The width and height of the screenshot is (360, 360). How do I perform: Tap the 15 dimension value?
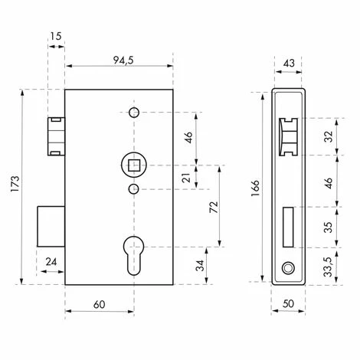[55, 36]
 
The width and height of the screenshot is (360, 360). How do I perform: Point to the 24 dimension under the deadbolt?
[51, 262]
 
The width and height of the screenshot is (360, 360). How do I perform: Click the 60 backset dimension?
[99, 304]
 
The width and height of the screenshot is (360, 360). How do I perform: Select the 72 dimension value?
[215, 207]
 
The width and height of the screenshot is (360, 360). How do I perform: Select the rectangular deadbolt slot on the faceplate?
[288, 227]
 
